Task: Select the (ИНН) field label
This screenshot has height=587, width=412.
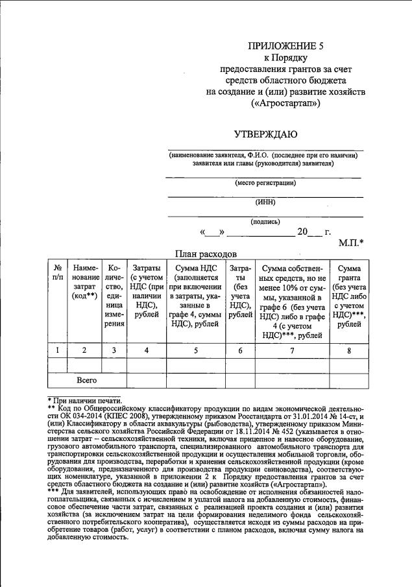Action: [265, 202]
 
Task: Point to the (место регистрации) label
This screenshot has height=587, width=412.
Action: [265, 183]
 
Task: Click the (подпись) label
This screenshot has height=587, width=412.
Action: [265, 221]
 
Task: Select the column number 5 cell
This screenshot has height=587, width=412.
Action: [195, 350]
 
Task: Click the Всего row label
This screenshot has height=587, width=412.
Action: [86, 379]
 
